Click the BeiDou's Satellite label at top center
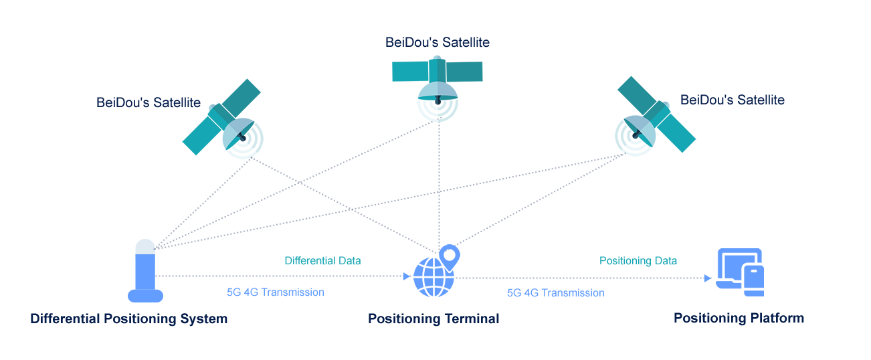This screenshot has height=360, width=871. (438, 43)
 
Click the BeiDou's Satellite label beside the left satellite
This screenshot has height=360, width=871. (149, 102)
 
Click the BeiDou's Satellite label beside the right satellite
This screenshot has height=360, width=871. (733, 100)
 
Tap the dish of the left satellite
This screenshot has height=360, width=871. (239, 133)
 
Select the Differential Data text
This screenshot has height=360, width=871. (323, 260)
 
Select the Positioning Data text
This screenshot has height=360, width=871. (638, 260)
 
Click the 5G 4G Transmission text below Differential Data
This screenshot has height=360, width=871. (276, 292)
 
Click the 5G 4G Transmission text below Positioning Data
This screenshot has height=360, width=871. (556, 292)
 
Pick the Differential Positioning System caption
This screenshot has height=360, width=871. (129, 319)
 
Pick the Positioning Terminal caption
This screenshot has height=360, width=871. (433, 319)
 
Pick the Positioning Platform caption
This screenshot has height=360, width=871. (739, 318)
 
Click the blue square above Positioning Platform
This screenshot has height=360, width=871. (739, 272)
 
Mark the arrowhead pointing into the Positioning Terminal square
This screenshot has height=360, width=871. (408, 276)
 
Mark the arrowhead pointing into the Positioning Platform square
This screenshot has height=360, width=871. (708, 278)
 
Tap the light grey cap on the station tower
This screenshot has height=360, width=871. (145, 246)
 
